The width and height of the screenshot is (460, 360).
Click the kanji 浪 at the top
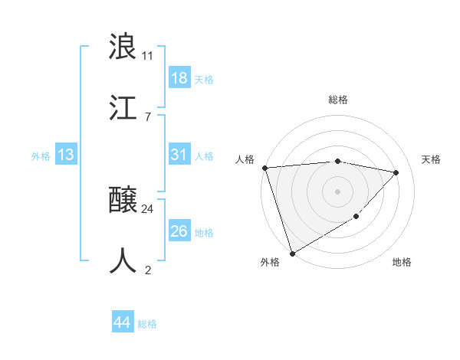123,47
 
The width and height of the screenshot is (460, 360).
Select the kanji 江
123,107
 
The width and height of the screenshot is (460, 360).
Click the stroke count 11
148,55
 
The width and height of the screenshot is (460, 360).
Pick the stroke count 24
148,208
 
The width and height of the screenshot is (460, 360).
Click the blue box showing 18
179,78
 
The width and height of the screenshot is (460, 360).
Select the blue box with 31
179,155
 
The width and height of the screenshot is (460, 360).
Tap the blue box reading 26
179,231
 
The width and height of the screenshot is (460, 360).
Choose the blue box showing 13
66,155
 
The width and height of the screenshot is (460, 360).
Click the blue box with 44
123,323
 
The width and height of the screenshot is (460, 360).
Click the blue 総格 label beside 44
147,324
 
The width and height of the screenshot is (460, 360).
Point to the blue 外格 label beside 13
41,155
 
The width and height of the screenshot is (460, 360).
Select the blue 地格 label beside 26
204,232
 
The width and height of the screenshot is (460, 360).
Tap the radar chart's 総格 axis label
338,100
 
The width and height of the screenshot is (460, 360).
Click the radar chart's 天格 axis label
432,159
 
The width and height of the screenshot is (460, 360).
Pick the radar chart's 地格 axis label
402,262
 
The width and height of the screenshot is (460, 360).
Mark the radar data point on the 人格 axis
264,168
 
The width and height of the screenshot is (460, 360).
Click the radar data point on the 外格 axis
292,253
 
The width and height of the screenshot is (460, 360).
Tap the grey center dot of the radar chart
337,191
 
